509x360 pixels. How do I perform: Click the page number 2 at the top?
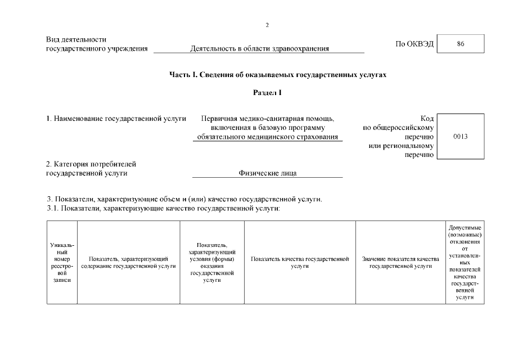coord(267,25)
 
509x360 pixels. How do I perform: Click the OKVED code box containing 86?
coord(461,44)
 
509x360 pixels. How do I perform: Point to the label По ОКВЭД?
coord(415,44)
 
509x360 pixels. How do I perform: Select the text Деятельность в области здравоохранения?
coord(259,48)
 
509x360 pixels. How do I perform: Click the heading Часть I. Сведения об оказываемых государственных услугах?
coord(278,74)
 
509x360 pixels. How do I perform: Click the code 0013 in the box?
coord(460,137)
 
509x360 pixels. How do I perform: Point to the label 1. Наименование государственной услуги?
coord(116,118)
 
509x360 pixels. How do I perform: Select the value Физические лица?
coord(268,173)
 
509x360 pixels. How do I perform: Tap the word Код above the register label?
coord(426,118)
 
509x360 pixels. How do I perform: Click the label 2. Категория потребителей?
coord(91,164)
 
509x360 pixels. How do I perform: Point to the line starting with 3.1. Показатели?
coord(163,209)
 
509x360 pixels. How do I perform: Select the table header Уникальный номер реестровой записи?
coord(62,262)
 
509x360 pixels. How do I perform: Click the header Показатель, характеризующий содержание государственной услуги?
coord(128,262)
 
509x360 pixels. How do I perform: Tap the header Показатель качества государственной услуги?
coord(300,262)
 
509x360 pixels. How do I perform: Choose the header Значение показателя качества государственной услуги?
coord(400,262)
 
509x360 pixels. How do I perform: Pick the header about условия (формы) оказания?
coord(212,262)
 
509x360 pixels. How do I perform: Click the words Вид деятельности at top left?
coord(76,39)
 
